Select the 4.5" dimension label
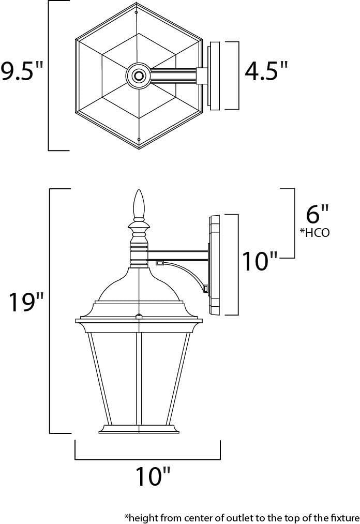[x=266, y=71]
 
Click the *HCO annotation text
[x=314, y=232]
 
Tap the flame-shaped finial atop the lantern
[x=138, y=205]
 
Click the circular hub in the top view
[x=138, y=76]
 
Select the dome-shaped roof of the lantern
[x=138, y=285]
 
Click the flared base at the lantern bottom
[x=138, y=429]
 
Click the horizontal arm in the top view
[x=173, y=76]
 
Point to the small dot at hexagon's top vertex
[x=136, y=12]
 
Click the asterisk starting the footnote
[x=126, y=516]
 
